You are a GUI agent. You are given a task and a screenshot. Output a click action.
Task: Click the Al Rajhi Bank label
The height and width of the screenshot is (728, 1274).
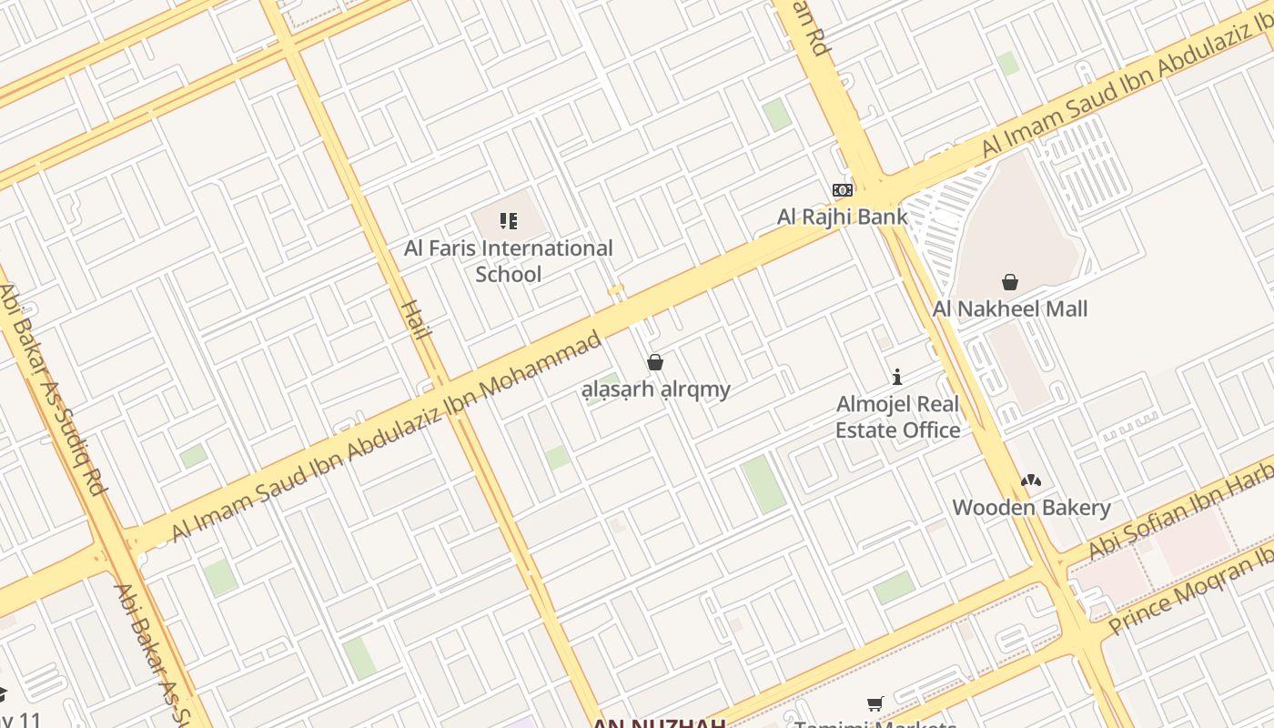tap(842, 217)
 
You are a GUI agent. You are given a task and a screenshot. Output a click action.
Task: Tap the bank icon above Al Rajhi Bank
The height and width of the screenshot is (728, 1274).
tap(842, 190)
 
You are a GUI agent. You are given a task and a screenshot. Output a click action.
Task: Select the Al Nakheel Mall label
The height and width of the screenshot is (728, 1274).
tap(1009, 309)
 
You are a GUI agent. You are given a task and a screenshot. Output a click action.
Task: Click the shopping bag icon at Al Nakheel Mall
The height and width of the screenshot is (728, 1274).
tap(1009, 282)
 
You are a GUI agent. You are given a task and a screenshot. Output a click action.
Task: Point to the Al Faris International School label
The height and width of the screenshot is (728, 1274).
tap(509, 261)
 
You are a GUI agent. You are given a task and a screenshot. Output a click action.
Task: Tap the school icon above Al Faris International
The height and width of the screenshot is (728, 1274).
tap(509, 220)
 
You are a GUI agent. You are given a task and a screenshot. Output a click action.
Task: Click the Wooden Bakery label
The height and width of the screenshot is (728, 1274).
tap(1031, 508)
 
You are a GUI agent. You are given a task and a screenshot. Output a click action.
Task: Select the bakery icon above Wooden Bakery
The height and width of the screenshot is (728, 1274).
tap(1030, 480)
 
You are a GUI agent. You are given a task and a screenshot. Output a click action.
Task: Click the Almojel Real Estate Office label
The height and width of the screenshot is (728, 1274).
tap(898, 417)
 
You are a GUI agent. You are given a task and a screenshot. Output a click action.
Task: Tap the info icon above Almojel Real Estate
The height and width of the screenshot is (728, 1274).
tap(897, 377)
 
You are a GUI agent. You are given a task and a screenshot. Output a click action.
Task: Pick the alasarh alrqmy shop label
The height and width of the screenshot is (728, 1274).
tap(656, 389)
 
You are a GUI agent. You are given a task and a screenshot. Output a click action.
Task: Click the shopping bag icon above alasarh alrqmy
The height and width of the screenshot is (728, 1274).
tap(655, 362)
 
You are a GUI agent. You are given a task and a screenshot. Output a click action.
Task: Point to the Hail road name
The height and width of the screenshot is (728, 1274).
tap(415, 318)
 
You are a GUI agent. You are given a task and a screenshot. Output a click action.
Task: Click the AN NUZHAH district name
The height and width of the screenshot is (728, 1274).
tap(659, 723)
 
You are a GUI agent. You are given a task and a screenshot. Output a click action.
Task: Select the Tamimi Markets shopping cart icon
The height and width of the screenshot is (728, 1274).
tap(875, 703)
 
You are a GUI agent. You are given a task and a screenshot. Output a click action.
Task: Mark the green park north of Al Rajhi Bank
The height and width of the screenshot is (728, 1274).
tap(776, 115)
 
